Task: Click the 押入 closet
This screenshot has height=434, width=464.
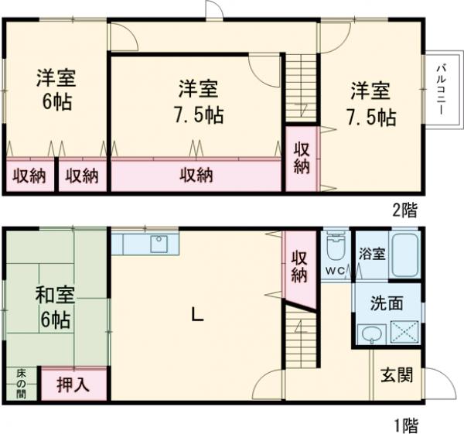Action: click(73, 384)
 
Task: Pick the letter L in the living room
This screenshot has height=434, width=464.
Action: click(197, 315)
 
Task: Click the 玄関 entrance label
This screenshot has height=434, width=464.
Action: click(397, 375)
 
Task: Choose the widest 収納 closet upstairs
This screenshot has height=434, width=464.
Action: click(196, 176)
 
